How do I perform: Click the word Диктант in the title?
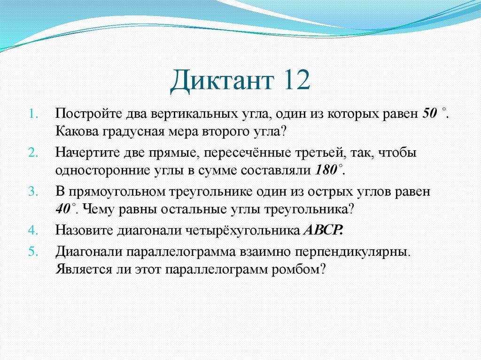pyautogui.click(x=222, y=80)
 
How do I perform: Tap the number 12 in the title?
pyautogui.click(x=297, y=79)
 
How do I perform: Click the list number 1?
pyautogui.click(x=33, y=114)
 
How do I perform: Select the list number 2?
pyautogui.click(x=33, y=153)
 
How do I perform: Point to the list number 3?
pyautogui.click(x=33, y=191)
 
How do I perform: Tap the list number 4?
pyautogui.click(x=33, y=230)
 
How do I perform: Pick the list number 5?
pyautogui.click(x=33, y=252)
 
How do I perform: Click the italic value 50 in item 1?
pyautogui.click(x=430, y=114)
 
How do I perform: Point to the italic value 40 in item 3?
pyautogui.click(x=63, y=209)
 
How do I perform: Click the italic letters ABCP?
pyautogui.click(x=323, y=230)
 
